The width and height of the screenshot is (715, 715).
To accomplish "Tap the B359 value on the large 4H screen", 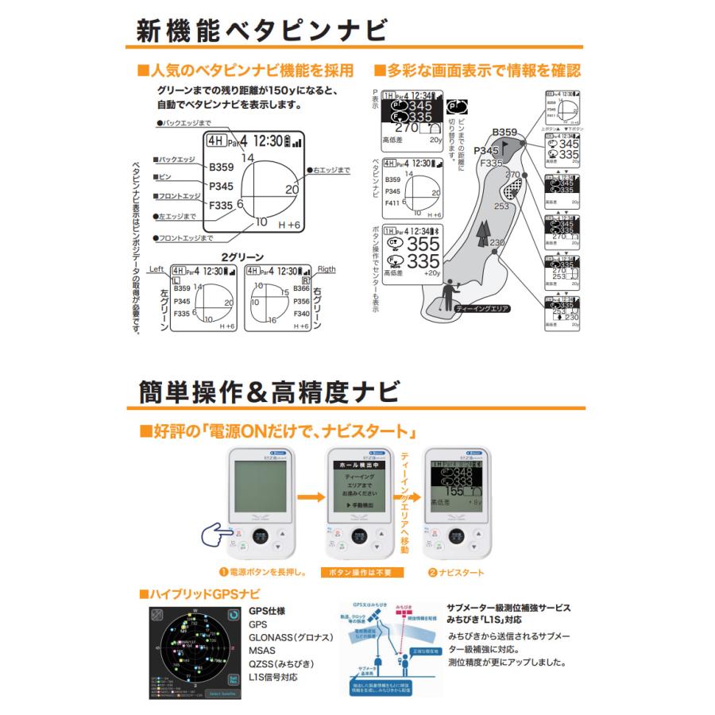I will pyautogui.click(x=222, y=168).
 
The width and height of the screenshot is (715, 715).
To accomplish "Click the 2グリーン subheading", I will pyautogui.click(x=242, y=257).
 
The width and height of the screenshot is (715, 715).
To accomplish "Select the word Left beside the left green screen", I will pyautogui.click(x=159, y=269).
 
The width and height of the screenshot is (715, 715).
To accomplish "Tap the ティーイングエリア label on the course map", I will pyautogui.click(x=481, y=308).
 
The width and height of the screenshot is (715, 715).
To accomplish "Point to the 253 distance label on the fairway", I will pyautogui.click(x=500, y=206).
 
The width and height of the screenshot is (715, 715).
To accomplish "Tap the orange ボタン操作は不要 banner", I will pyautogui.click(x=361, y=572).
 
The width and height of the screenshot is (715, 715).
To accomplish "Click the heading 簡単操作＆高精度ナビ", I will pyautogui.click(x=261, y=390).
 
